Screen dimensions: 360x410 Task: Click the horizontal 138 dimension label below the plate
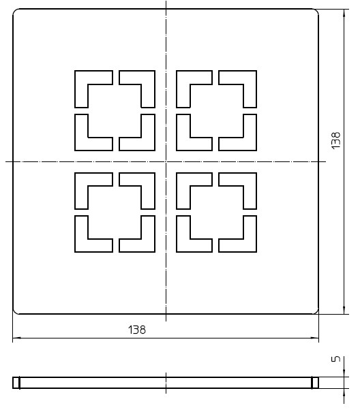pos(137,330)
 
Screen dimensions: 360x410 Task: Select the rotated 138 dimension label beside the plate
pos(335,141)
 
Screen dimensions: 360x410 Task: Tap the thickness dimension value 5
pos(336,359)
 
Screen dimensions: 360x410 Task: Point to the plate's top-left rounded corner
pos(15,11)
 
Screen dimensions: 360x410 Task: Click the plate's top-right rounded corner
pos(316,11)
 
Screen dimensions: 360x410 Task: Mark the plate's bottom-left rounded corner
pos(15,311)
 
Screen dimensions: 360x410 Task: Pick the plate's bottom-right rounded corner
pos(316,311)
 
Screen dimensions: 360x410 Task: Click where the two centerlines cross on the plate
pos(166,161)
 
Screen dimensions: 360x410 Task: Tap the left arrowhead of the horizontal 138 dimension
pos(16,338)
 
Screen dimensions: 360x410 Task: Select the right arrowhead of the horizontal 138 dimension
pos(315,338)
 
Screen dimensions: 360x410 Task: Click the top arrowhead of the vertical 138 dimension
pos(344,13)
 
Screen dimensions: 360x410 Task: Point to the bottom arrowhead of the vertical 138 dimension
pos(344,310)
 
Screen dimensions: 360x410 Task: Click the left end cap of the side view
pos(16,383)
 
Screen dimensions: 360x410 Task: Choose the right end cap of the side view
pos(315,383)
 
